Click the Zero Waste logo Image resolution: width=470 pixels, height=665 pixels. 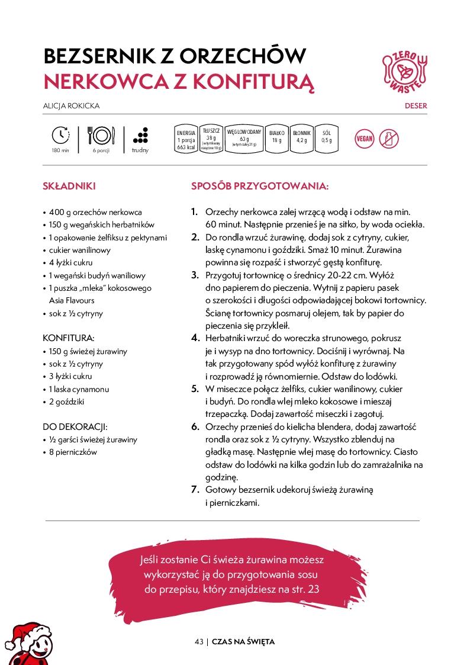(405, 70)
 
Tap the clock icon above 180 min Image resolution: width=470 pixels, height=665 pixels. (60, 135)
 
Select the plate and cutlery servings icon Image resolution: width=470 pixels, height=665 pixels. (101, 136)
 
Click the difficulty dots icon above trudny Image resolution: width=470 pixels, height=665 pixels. (140, 135)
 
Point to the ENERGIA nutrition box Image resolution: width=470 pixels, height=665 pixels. (186, 140)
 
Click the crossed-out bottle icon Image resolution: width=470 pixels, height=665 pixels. (388, 139)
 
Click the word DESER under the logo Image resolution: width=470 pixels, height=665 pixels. (416, 106)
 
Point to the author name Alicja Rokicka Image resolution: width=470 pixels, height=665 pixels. (71, 106)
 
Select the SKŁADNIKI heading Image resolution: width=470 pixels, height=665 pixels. (69, 186)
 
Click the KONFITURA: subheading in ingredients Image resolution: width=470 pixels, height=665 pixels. (69, 338)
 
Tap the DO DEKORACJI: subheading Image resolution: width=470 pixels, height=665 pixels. (75, 426)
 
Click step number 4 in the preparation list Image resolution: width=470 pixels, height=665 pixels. (195, 338)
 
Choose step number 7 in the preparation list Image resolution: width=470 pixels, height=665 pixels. (195, 490)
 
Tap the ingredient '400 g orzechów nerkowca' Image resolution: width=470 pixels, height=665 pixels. (95, 212)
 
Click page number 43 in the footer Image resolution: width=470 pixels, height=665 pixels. (199, 642)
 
